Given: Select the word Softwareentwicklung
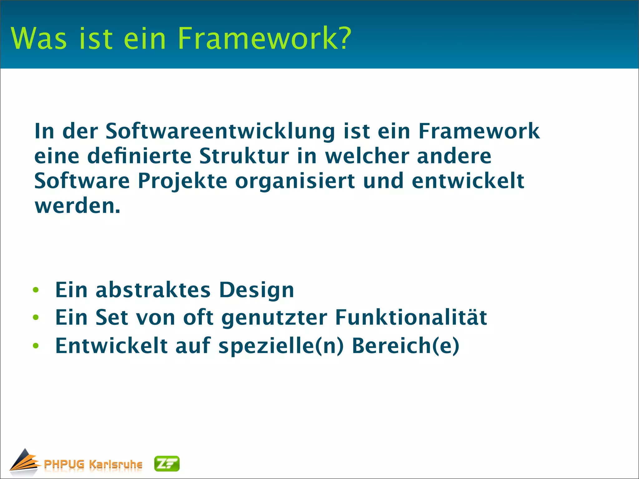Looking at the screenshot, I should click(x=220, y=131).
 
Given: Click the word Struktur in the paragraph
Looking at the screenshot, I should click(x=244, y=156).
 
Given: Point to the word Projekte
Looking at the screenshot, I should click(x=183, y=181).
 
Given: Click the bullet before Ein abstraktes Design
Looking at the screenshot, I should click(x=36, y=290).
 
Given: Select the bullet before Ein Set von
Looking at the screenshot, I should click(x=36, y=318).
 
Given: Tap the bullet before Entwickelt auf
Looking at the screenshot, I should click(x=36, y=346).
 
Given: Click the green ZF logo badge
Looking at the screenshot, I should click(x=167, y=464).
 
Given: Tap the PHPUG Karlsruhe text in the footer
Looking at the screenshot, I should click(x=93, y=464).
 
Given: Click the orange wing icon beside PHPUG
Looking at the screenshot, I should click(x=24, y=462).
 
